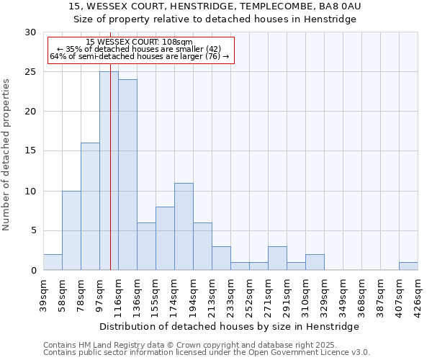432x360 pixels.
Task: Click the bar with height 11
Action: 184,227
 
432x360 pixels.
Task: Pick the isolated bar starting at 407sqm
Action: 408,266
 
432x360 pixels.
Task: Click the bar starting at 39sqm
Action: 53,263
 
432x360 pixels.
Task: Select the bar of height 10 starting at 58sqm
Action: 71,230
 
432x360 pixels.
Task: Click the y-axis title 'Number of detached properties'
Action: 7,155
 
